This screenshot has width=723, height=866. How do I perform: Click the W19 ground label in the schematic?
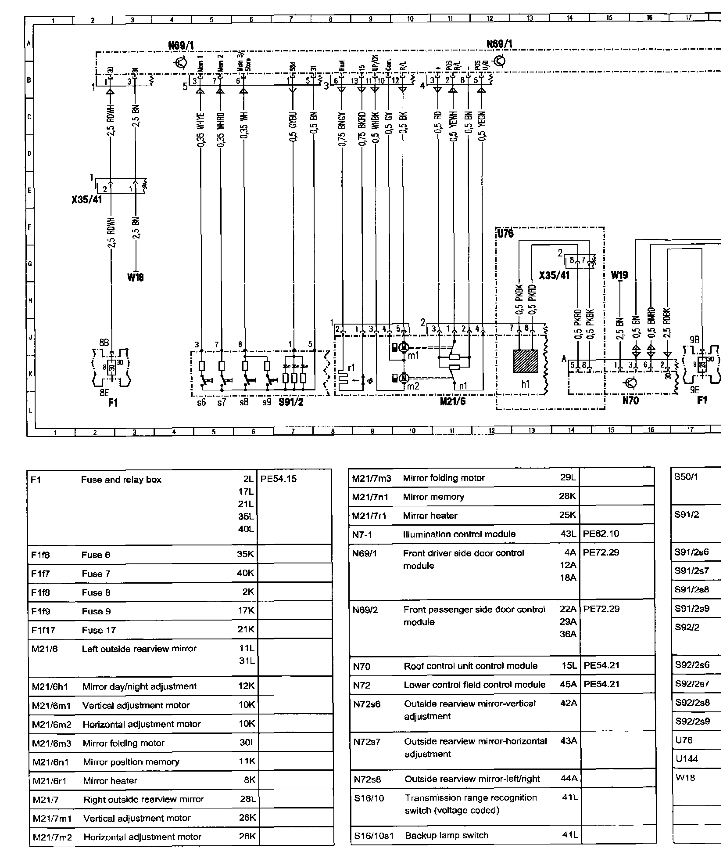coord(619,275)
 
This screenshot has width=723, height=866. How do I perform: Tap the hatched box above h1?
coord(526,361)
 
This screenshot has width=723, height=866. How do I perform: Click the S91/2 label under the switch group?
coord(291,402)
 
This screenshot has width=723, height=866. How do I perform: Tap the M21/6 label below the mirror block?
coord(452,401)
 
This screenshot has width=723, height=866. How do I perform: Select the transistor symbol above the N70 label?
coord(631,383)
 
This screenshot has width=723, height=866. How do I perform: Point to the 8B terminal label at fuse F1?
coord(104,342)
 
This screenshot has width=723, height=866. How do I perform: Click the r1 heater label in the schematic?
coord(351,368)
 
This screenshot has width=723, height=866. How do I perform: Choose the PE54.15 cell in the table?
coord(279,479)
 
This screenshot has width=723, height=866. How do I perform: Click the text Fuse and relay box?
coord(121,480)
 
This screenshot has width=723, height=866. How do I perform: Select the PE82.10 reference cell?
coord(601,534)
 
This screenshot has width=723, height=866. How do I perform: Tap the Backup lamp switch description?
coord(447,835)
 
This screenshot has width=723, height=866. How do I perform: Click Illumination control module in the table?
coord(459,534)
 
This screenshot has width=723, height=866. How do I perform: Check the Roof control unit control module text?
coord(470,666)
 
